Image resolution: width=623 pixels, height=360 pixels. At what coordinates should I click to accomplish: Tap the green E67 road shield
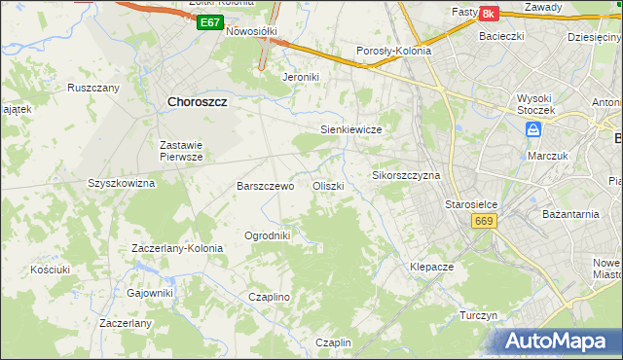click(x=208, y=21)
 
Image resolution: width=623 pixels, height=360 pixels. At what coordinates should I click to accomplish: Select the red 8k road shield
click(x=488, y=13)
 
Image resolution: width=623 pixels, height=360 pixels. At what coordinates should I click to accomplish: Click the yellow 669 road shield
click(x=485, y=222)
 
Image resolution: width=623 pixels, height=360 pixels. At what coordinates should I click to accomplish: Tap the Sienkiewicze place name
click(x=350, y=128)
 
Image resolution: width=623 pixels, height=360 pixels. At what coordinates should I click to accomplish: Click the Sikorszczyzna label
click(x=407, y=176)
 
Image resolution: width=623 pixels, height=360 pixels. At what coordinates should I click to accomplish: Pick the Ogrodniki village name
click(x=267, y=235)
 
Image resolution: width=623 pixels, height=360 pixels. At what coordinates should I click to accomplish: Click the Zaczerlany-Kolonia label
click(x=177, y=248)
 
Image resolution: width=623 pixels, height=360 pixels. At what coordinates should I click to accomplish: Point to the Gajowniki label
click(x=150, y=292)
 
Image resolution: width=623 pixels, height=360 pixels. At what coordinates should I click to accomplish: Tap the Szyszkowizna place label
click(x=122, y=182)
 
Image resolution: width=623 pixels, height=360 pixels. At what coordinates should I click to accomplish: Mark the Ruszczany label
click(x=93, y=88)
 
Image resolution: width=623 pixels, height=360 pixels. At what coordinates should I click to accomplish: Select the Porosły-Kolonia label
click(x=394, y=52)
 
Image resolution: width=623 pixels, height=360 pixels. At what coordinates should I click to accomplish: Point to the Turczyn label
click(x=479, y=316)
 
